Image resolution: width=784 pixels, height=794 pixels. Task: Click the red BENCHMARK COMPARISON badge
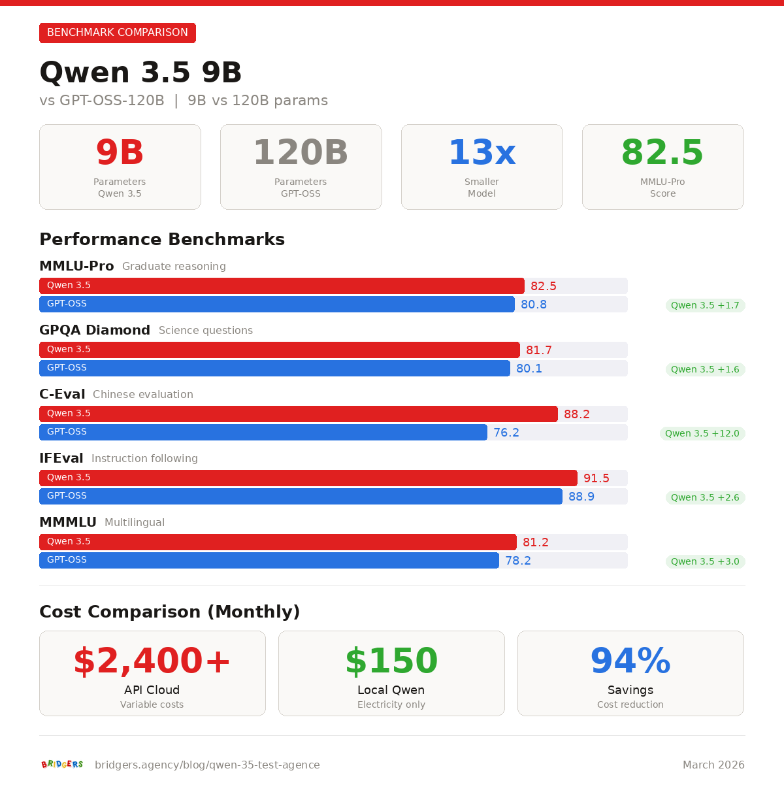(118, 33)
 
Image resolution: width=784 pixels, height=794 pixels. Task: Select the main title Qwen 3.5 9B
(140, 73)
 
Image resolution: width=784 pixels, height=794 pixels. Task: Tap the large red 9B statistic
(120, 153)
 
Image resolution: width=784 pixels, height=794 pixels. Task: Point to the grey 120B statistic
(301, 153)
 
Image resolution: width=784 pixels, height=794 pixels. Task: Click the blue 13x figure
(482, 153)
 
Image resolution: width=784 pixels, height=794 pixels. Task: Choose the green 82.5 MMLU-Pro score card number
(662, 153)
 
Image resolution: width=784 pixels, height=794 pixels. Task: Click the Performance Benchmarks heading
(162, 240)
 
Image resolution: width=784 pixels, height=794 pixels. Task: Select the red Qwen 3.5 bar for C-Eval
(298, 414)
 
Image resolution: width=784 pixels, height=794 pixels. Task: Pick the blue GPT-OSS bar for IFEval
(301, 496)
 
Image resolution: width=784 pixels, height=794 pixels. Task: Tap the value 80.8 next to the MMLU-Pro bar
(534, 305)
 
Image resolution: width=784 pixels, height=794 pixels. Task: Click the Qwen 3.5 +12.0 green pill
(702, 433)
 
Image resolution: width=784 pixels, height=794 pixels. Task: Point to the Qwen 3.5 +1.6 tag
(705, 369)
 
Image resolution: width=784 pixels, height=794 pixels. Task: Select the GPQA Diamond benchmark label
(95, 330)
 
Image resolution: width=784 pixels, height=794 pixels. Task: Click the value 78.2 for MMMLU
(518, 561)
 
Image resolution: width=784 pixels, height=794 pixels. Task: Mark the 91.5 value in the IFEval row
(596, 478)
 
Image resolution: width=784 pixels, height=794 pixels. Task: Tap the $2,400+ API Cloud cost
(152, 661)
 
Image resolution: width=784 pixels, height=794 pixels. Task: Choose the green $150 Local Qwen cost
(391, 661)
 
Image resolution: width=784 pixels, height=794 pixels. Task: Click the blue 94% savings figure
(630, 661)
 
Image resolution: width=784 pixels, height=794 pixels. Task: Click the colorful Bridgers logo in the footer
(62, 765)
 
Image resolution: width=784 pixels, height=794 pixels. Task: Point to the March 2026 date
(713, 765)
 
